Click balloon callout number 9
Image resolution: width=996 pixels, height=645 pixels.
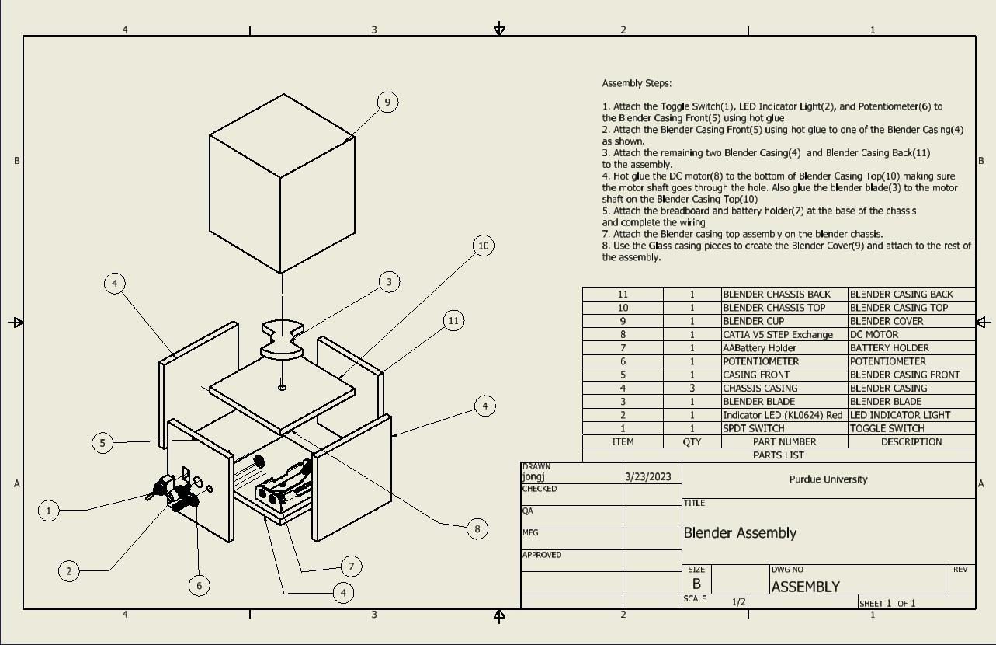[387, 102]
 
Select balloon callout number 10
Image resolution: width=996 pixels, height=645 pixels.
[484, 246]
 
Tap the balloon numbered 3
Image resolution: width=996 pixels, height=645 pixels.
[390, 282]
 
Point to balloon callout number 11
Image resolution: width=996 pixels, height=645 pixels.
[454, 320]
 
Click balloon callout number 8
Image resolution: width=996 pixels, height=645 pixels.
[477, 528]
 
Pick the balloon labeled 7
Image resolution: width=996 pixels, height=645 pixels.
[351, 567]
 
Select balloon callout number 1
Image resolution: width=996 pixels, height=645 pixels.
[49, 511]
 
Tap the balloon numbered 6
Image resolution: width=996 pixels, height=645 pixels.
[200, 585]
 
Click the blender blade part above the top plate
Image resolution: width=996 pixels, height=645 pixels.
[282, 339]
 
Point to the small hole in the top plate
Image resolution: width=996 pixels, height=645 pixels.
[282, 387]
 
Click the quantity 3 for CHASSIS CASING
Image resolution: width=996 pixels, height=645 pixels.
[692, 388]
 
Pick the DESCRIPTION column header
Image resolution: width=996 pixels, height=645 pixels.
[911, 441]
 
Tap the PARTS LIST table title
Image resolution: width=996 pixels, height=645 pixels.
[778, 455]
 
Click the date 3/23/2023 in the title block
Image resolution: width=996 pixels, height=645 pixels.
[647, 476]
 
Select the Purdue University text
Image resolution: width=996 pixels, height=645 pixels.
[828, 479]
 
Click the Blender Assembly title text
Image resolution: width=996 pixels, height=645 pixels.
[740, 533]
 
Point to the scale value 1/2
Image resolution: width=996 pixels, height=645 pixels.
[739, 601]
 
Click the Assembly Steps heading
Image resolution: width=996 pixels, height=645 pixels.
[637, 83]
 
